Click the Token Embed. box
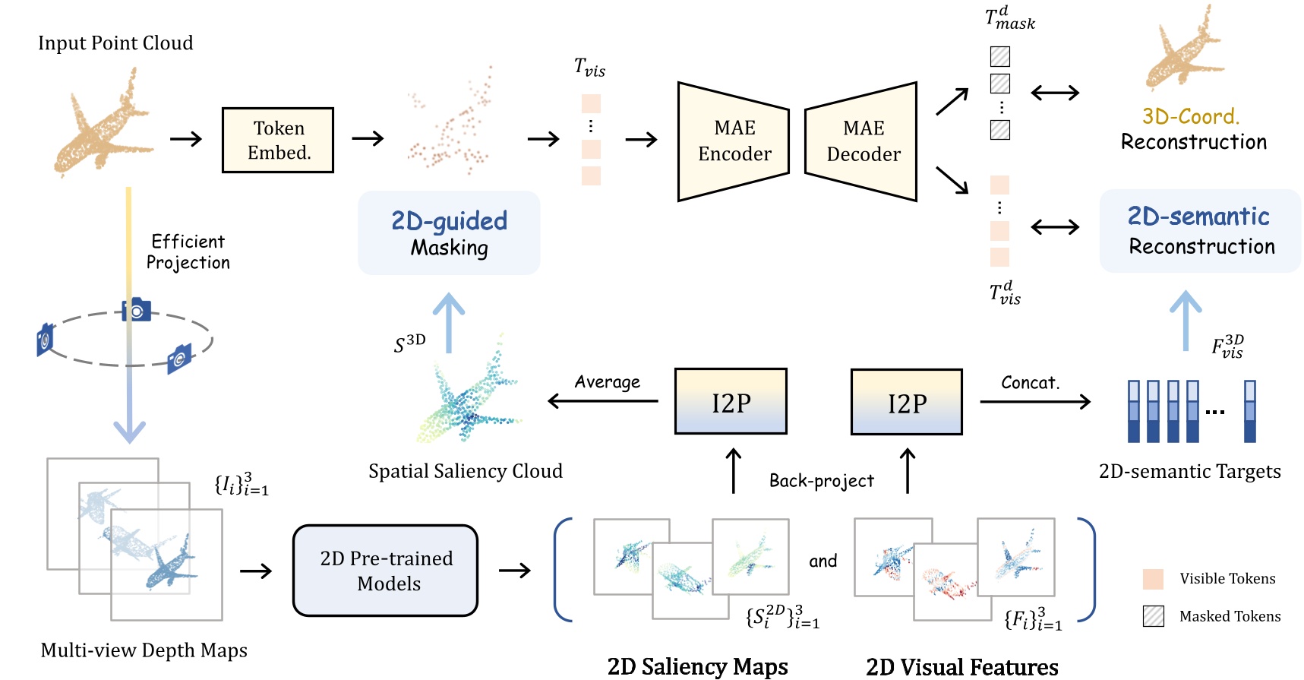coord(278,141)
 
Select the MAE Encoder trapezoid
coord(733,141)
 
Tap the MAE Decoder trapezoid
coord(861,141)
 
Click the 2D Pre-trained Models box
coord(386,571)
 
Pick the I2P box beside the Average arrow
coord(731,402)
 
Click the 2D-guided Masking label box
coord(449,233)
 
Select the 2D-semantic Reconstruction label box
coord(1200,231)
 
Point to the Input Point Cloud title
coord(115,43)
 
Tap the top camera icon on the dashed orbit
coord(137,310)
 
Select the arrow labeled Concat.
coord(1034,401)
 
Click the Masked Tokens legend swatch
coord(1153,616)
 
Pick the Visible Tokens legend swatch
coord(1153,579)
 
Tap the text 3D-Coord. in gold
coord(1190,116)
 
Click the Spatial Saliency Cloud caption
coord(466,471)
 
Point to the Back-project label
coord(821,481)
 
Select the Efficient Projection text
coord(188,252)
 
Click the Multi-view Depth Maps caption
coord(144,650)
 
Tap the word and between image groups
coord(822,561)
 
